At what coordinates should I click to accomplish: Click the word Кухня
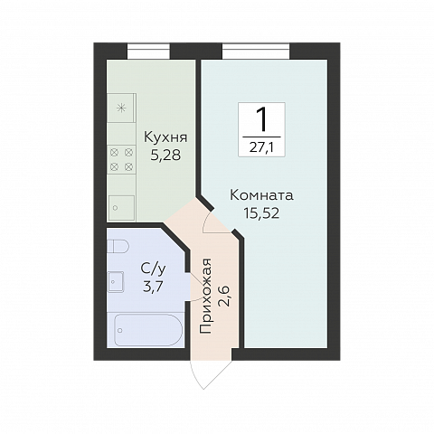pos(165,137)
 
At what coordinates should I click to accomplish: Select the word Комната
pos(261,195)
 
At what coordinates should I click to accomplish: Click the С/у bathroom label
pos(152,269)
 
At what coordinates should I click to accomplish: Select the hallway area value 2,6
pos(225,295)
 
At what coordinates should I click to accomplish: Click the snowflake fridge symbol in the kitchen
pos(120,109)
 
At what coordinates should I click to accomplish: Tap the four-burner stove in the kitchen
pos(121,159)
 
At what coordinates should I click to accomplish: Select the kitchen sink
pos(118,206)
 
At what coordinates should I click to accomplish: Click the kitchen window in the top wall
pos(149,51)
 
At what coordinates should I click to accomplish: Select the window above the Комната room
pos(261,51)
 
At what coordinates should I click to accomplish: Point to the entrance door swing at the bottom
pos(209,371)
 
